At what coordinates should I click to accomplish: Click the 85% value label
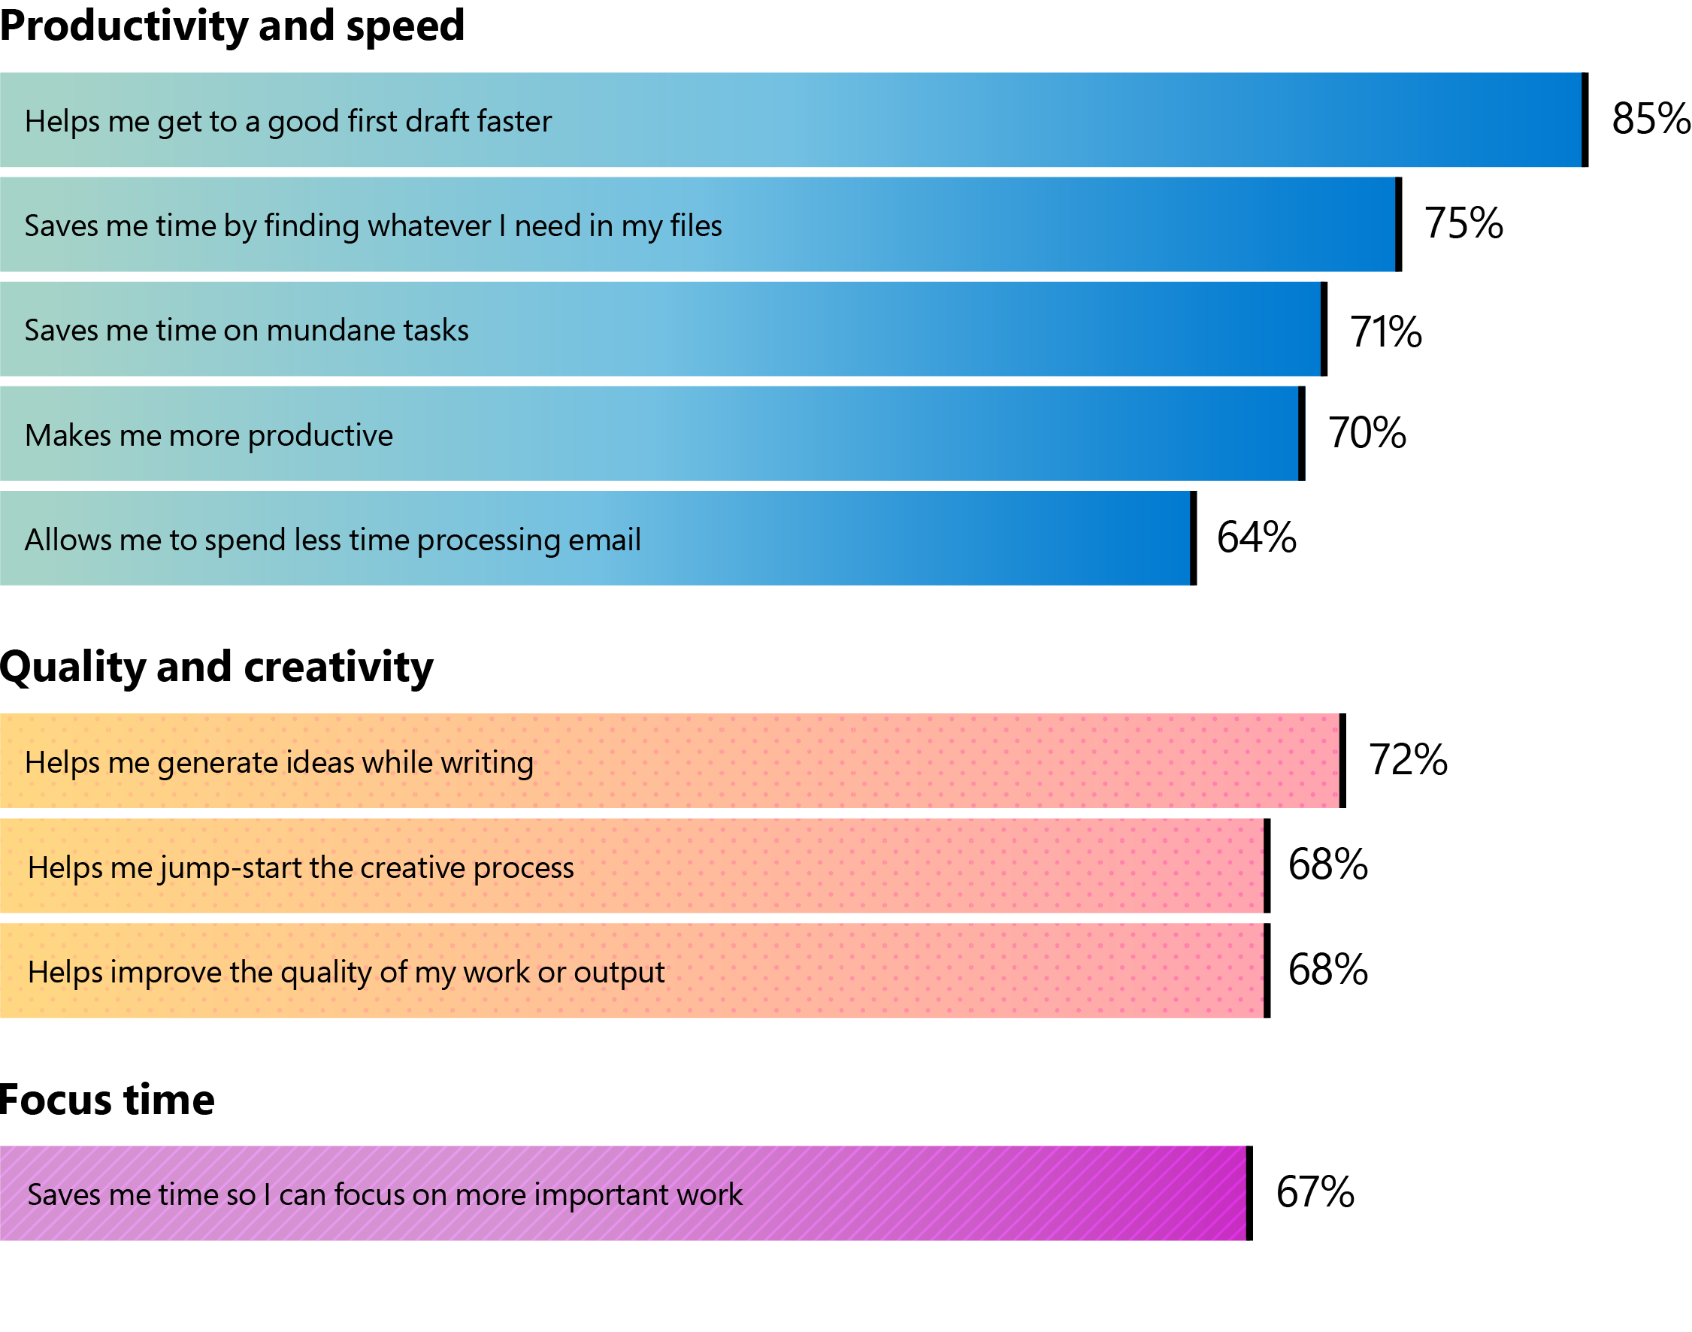pos(1650,120)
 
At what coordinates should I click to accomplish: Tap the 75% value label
pos(1463,224)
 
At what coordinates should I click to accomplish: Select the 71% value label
pos(1385,332)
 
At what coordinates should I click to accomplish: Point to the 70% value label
pos(1366,433)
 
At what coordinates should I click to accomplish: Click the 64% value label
pos(1255,538)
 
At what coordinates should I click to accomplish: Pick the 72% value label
pos(1407,761)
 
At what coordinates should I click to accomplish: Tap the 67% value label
pos(1315,1192)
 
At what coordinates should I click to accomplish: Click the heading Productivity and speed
pos(232,26)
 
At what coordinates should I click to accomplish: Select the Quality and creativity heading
pos(216,668)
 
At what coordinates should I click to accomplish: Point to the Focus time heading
pos(107,1100)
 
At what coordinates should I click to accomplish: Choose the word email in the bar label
pos(604,540)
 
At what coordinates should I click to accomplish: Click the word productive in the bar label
pos(319,436)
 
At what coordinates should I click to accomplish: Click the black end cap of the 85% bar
pos(1584,120)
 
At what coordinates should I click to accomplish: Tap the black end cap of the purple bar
pos(1249,1193)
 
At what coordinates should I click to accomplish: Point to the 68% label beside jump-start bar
pos(1327,865)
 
